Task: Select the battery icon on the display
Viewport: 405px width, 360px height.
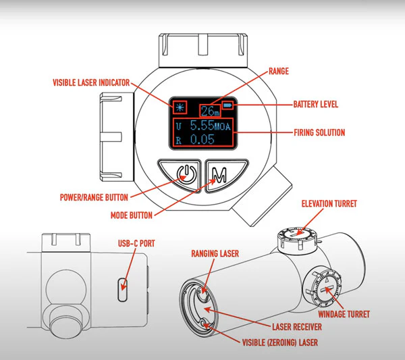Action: click(228, 107)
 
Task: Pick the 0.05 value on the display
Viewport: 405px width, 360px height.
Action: click(202, 140)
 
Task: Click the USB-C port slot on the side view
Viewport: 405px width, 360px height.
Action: click(122, 287)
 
